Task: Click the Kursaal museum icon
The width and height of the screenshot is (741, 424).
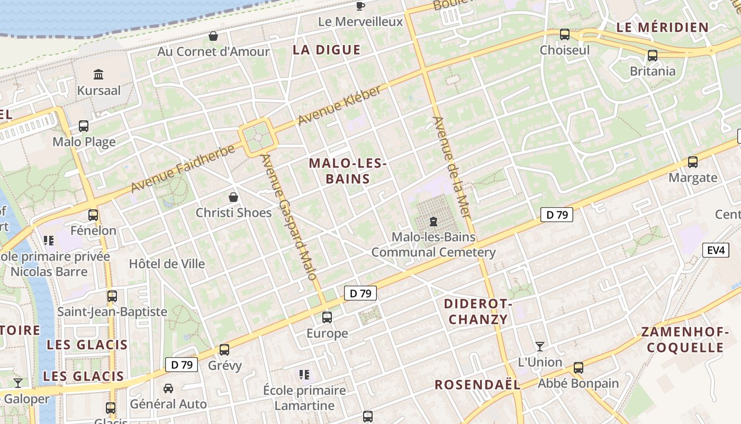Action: click(98, 74)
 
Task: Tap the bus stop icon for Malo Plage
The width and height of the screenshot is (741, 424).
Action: click(84, 126)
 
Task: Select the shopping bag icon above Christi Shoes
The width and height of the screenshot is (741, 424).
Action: click(233, 197)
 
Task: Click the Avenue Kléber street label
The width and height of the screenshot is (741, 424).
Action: click(339, 106)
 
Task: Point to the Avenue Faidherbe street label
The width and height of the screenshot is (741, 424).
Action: click(183, 169)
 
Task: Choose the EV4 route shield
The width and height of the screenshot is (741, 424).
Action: click(716, 250)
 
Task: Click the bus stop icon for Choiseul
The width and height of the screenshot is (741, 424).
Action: click(565, 34)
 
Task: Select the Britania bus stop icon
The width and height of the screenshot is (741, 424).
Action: click(653, 55)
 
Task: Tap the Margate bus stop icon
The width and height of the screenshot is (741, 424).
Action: click(692, 162)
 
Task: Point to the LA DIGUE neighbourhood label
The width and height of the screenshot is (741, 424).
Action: click(327, 50)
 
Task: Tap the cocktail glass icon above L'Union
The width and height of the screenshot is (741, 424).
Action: click(539, 347)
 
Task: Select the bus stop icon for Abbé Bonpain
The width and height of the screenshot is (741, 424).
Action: click(579, 367)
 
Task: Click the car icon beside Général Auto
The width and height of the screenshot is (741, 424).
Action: click(168, 388)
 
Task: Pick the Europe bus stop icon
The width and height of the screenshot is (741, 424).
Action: click(327, 317)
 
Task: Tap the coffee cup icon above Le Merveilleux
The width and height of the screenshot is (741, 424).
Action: click(360, 6)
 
